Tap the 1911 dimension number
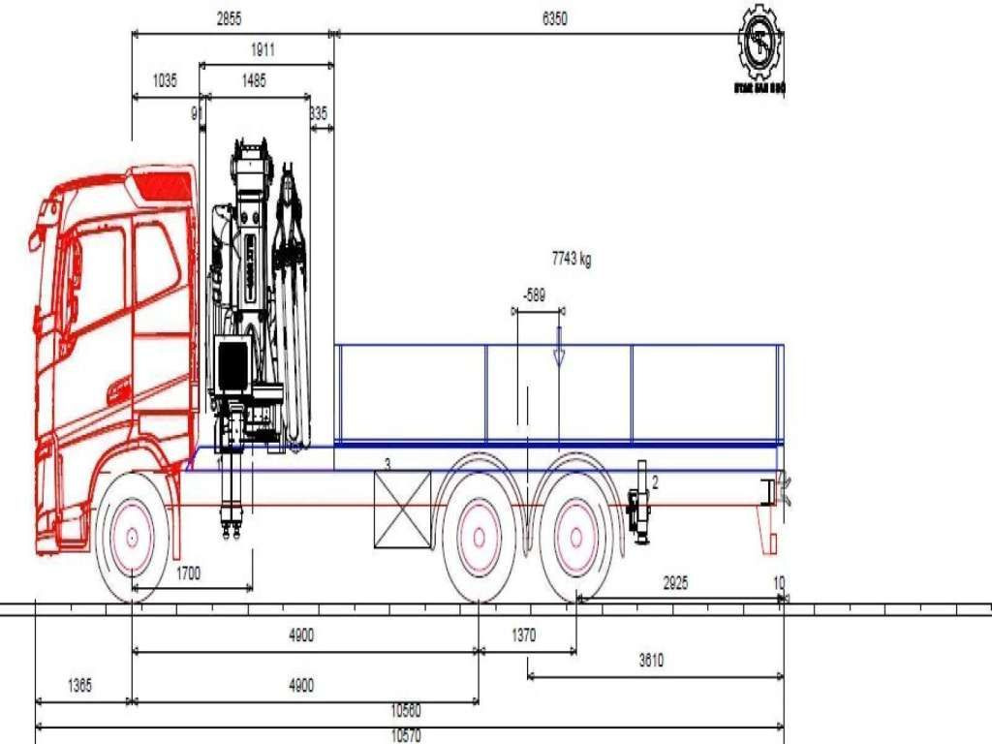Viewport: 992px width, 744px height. (x=262, y=50)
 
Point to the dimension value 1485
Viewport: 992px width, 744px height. (x=254, y=81)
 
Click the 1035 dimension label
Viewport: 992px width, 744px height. (x=165, y=81)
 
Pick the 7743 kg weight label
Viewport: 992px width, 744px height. (x=572, y=259)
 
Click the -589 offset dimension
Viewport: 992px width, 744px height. (x=535, y=294)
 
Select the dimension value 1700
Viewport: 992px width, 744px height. (x=189, y=573)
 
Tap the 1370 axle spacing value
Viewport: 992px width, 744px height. (x=523, y=635)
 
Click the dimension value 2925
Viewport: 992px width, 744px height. (x=675, y=583)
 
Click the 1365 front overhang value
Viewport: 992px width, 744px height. (x=79, y=686)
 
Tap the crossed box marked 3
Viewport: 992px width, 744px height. (x=402, y=509)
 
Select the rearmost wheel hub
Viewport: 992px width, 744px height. (x=575, y=539)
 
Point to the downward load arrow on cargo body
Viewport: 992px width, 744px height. (x=558, y=349)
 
